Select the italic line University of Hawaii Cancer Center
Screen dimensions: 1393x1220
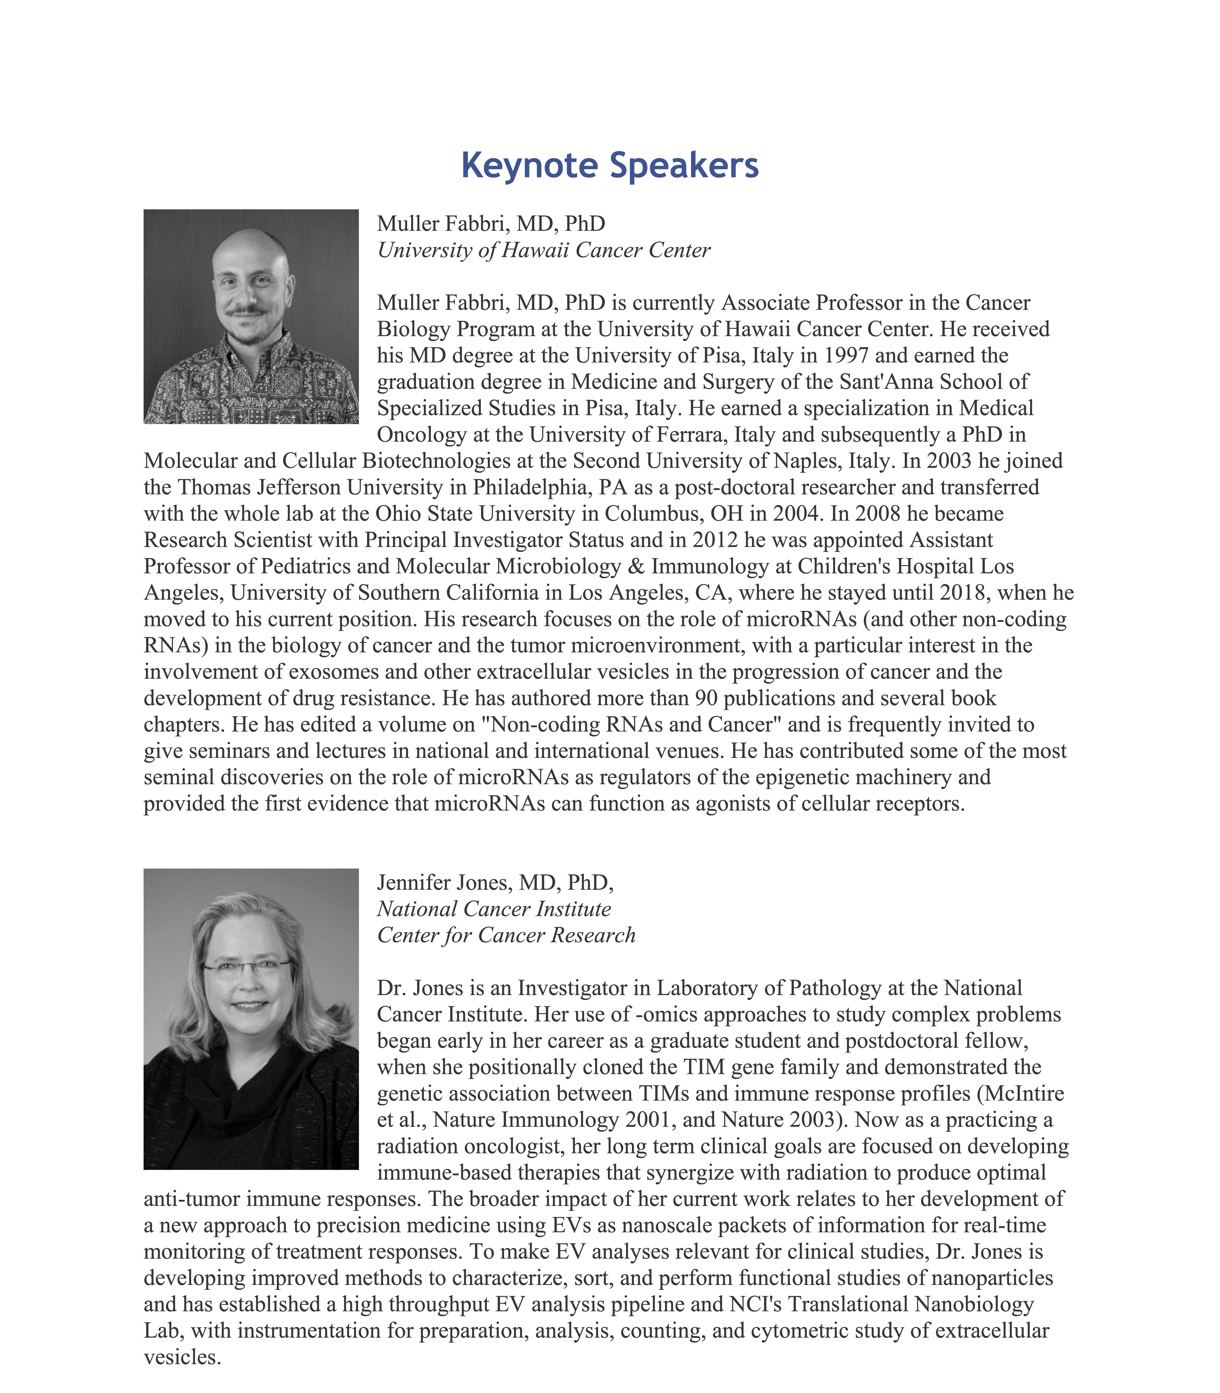(543, 250)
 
